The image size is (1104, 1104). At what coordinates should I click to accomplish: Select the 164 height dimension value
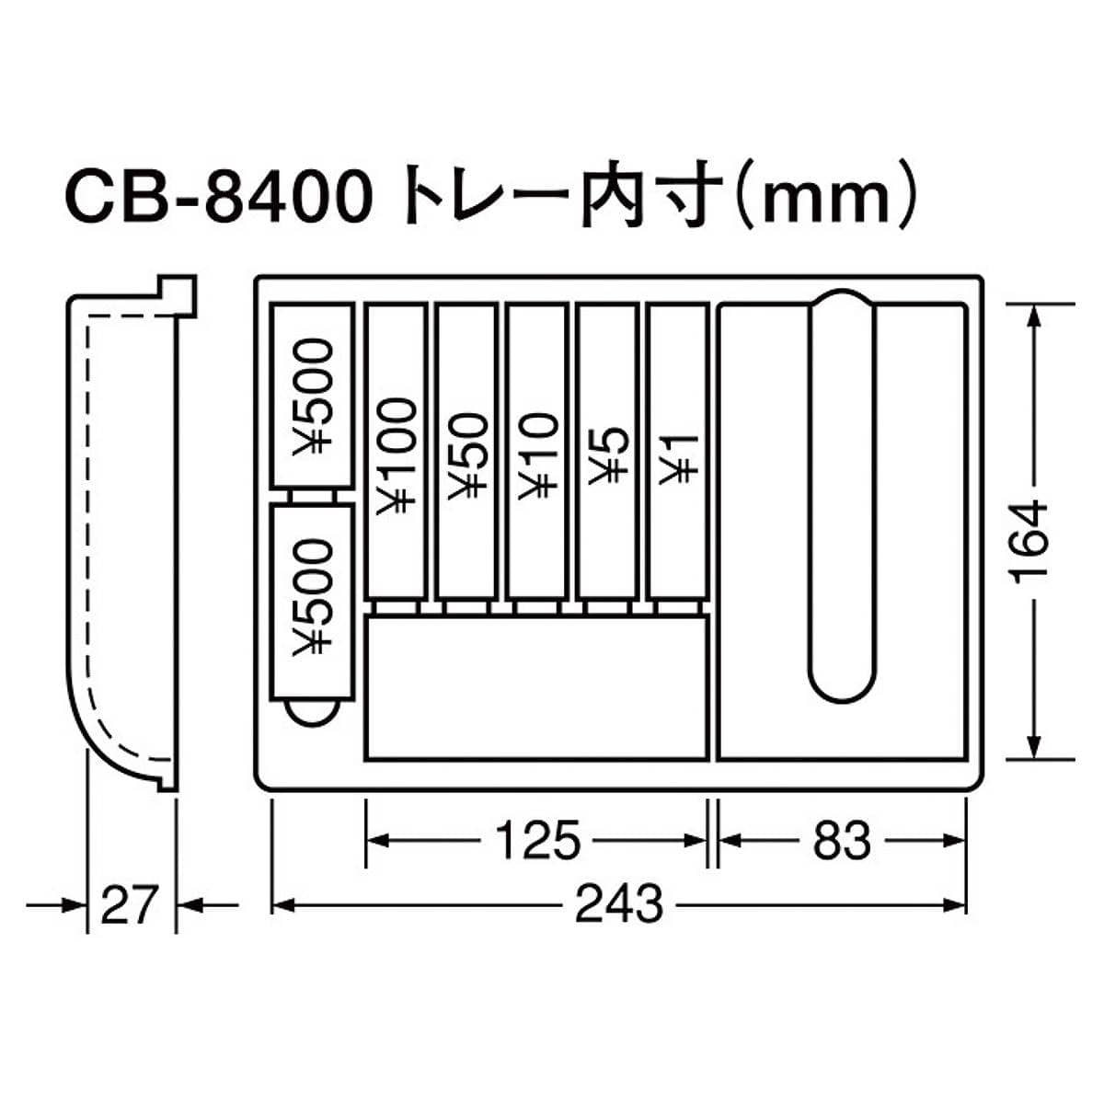tap(1030, 545)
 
